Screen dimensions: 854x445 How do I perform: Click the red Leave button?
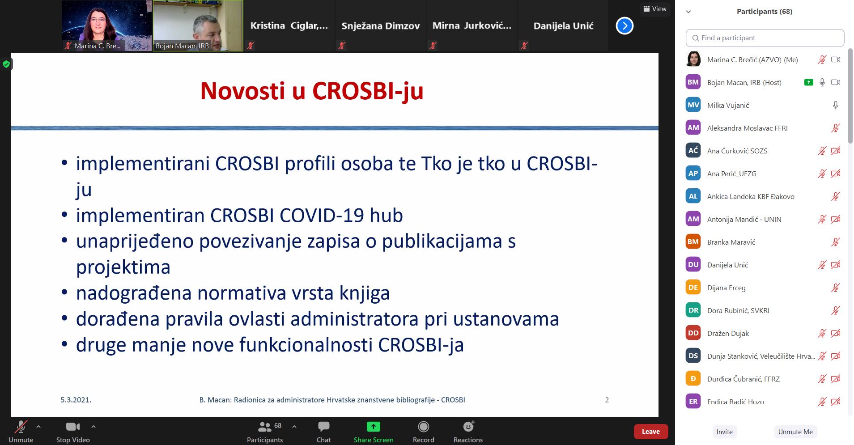650,432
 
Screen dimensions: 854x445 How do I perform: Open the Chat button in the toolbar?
323,432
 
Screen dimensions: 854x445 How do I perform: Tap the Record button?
423,432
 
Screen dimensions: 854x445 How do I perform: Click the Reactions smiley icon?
468,426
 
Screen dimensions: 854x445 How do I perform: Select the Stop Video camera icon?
72,427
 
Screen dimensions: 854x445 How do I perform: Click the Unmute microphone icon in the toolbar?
21,427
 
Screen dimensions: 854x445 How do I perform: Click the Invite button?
724,432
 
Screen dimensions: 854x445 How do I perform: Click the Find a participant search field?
765,38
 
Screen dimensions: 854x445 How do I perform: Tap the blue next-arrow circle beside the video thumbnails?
625,26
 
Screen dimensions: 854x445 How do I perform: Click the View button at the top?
655,9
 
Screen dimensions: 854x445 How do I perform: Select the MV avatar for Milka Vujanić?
693,105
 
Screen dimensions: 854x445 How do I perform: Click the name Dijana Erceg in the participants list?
726,288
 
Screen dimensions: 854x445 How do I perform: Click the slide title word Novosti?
242,91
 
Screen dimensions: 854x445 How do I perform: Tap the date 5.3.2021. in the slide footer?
76,400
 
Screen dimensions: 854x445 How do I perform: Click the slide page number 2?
607,400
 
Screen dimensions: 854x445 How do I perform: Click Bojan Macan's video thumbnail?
198,25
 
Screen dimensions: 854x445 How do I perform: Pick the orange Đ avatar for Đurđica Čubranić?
693,379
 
